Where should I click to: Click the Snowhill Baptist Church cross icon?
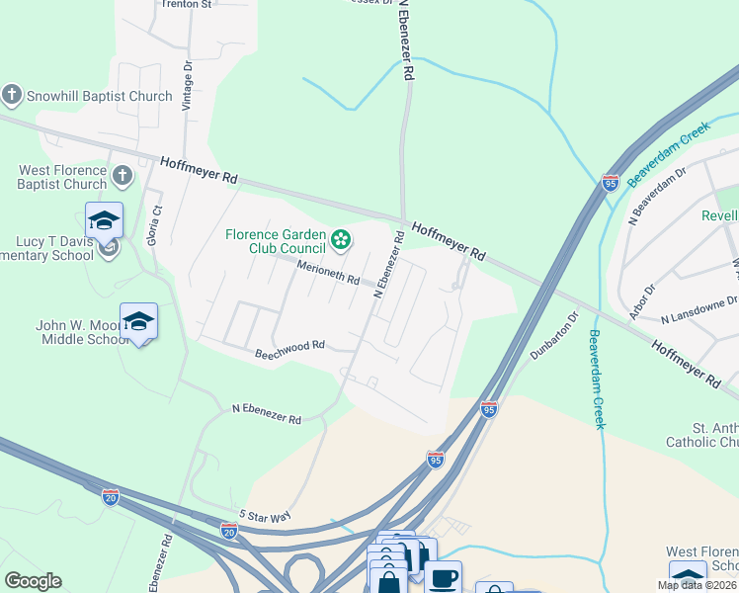click(12, 96)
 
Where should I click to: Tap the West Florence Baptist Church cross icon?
click(122, 177)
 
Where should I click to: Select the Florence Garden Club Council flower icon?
click(341, 239)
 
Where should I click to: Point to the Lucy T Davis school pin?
click(104, 221)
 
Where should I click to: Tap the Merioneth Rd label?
click(328, 274)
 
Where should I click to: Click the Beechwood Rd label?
click(289, 347)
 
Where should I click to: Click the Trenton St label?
click(187, 5)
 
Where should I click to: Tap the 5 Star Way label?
click(265, 516)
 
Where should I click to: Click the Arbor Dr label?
click(644, 298)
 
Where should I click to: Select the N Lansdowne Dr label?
click(699, 306)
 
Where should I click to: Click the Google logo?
click(33, 581)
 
